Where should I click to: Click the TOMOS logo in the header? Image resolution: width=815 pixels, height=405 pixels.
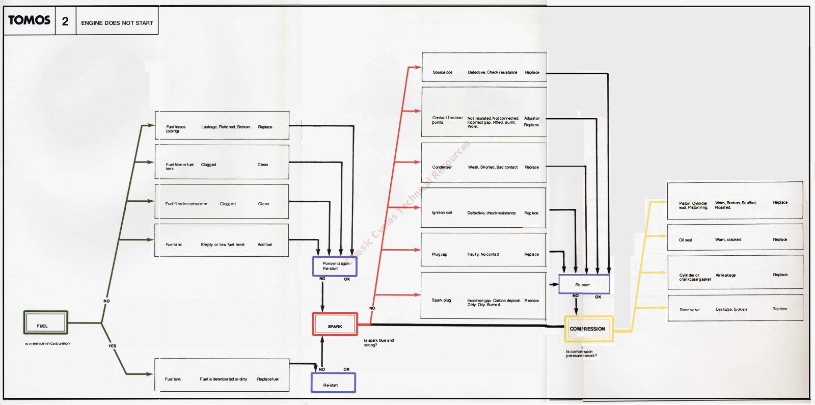tap(29, 20)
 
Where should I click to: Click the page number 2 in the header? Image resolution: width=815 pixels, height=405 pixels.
tap(65, 21)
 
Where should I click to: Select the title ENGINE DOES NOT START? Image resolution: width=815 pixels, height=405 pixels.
tap(117, 23)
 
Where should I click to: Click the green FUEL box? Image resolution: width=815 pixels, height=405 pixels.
tap(45, 323)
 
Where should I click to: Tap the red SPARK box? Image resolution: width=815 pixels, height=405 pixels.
tap(335, 325)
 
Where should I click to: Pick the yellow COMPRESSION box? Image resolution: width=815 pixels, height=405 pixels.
tap(588, 329)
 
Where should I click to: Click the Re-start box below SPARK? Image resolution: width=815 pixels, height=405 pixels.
tap(333, 383)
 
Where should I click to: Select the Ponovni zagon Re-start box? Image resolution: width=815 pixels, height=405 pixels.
tap(335, 266)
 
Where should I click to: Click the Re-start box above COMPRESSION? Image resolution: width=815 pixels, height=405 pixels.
tap(584, 284)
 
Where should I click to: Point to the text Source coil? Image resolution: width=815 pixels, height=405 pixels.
tap(442, 72)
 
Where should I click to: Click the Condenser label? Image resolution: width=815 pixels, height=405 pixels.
tap(442, 167)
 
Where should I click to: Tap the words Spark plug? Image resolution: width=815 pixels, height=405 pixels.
tap(441, 300)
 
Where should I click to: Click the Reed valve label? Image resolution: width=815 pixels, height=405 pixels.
tap(689, 310)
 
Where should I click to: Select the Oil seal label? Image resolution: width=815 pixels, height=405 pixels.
tap(685, 240)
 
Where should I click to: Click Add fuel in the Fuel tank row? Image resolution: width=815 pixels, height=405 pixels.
tap(264, 245)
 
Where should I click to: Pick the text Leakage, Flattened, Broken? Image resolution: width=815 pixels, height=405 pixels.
tap(225, 127)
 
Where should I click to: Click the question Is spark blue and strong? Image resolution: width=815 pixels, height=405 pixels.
tap(378, 342)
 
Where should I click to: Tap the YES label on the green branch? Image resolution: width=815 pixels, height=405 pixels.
tap(112, 346)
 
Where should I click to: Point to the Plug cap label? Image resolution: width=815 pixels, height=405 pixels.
tap(439, 254)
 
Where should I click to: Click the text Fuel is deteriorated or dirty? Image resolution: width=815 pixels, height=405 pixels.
tap(223, 379)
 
